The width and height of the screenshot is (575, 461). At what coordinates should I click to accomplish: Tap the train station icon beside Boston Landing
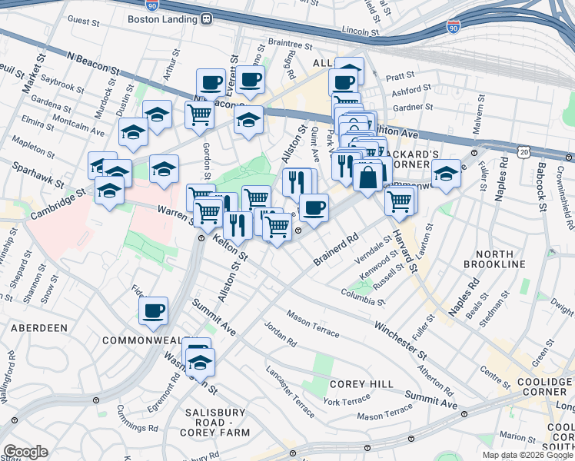(x=207, y=21)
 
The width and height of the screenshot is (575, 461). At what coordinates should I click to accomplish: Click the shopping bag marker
(x=369, y=176)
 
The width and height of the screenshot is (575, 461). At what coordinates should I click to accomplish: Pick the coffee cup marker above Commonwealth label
(x=154, y=311)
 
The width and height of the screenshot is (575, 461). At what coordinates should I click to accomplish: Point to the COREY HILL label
(x=351, y=383)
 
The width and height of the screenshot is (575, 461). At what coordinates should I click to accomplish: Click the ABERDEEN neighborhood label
(x=40, y=327)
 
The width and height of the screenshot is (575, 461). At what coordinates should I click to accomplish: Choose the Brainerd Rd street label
(x=336, y=252)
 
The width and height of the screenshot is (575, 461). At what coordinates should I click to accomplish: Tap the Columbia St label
(x=364, y=296)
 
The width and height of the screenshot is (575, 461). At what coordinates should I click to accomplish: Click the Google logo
(x=25, y=452)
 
